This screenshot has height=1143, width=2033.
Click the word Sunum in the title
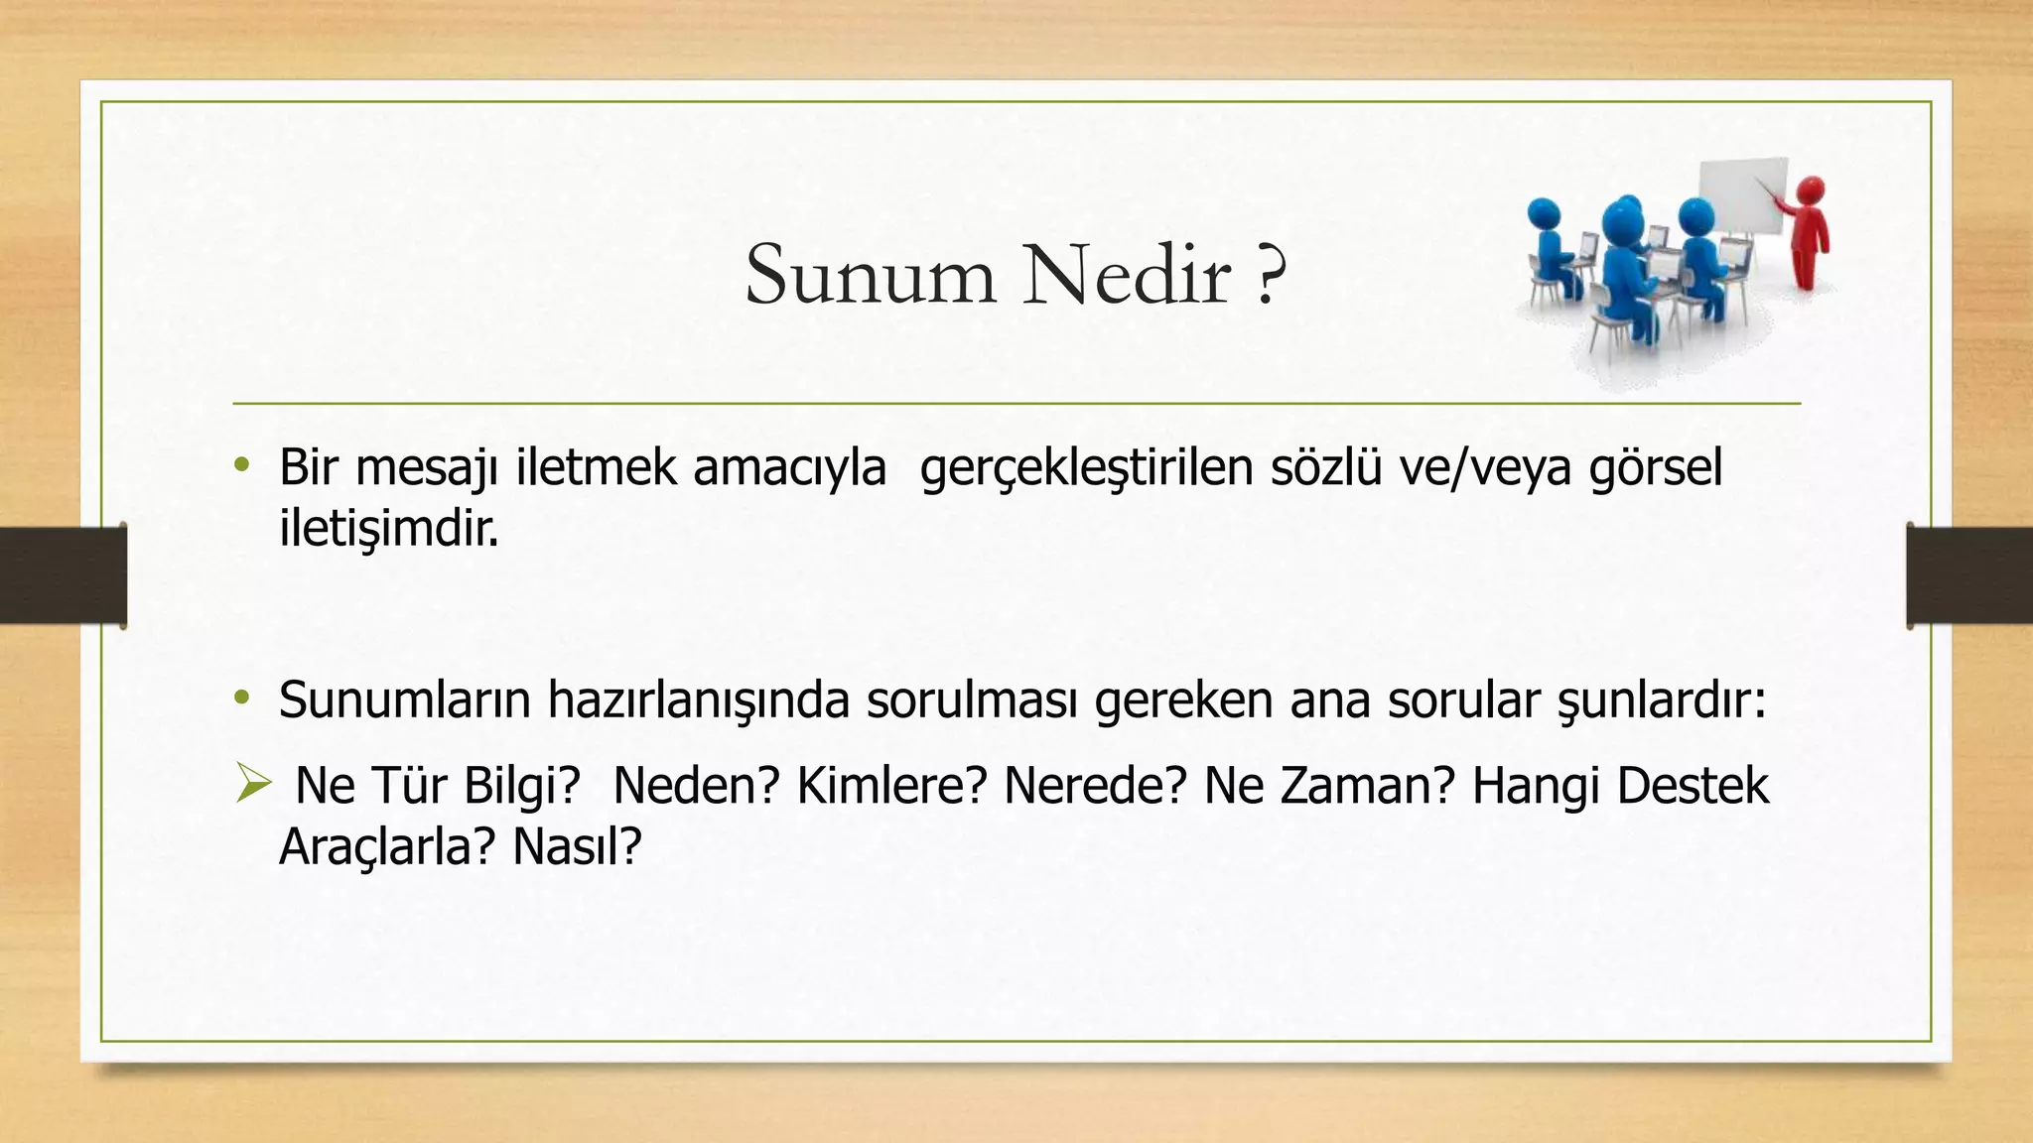pos(870,275)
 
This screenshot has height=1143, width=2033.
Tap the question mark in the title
pos(1269,275)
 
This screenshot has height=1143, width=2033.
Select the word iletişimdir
pos(388,529)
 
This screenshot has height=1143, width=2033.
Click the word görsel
pos(1655,468)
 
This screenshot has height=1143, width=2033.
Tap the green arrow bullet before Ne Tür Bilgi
pos(253,785)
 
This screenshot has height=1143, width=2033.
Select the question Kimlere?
pos(891,786)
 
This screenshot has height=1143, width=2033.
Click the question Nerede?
pos(1095,786)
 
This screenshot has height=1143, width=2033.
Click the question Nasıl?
pos(577,847)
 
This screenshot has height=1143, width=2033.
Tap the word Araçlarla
pos(385,847)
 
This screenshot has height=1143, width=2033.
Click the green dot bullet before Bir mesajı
pos(241,465)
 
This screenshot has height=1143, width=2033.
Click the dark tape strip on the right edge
pos(1970,575)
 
